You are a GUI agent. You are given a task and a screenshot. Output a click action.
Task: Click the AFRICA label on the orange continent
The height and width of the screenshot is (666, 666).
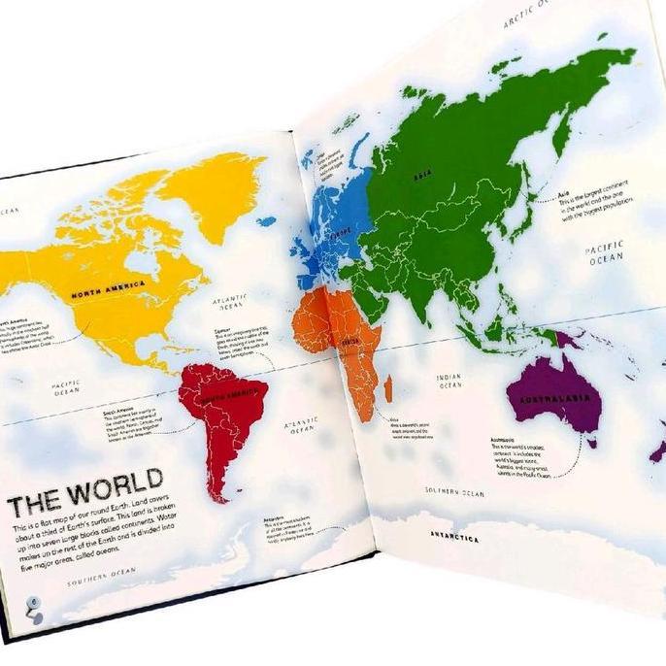tap(350, 341)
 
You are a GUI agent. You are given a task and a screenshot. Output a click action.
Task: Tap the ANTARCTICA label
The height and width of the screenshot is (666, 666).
tap(455, 536)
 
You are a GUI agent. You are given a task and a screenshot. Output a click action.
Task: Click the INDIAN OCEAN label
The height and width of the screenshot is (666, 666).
tap(450, 381)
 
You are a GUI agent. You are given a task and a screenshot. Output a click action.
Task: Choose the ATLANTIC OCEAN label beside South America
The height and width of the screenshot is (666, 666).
tap(301, 427)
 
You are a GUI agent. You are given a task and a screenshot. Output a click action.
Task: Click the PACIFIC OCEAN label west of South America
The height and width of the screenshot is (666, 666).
tap(65, 390)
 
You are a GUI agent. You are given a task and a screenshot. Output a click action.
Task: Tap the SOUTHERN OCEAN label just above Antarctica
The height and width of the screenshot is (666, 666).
tap(454, 493)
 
